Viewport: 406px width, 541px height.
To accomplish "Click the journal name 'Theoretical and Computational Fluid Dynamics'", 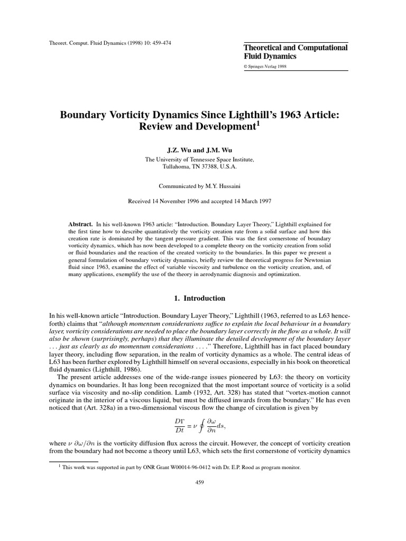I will pyautogui.click(x=294, y=52).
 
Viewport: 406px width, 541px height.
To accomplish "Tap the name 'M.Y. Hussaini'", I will pyautogui.click(x=220, y=186).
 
